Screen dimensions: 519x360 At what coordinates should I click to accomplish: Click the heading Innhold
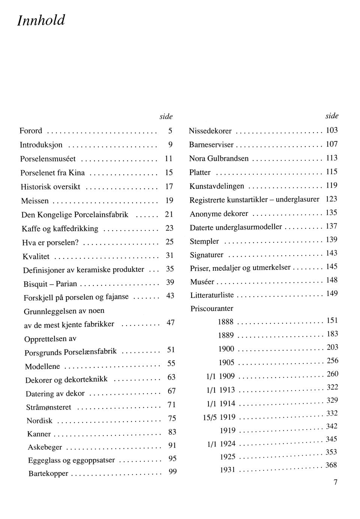pos(41,20)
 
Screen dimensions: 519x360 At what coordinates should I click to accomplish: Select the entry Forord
pos(31,131)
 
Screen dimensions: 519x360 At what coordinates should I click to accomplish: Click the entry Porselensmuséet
pos(48,159)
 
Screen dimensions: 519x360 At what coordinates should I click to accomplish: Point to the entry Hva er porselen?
pos(50,243)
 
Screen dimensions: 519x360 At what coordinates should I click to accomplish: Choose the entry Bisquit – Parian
pos(50,284)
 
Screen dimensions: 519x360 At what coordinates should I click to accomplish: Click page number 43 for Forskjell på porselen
pos(170,295)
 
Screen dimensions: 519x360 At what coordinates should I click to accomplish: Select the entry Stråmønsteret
pos(49,407)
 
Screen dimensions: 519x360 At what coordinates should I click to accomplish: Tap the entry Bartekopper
pos(48,474)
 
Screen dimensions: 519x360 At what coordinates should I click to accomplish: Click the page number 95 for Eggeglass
pos(172,458)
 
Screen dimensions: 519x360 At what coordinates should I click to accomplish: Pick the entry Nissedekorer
pos(210,131)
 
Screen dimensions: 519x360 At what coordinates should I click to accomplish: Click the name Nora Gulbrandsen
pos(219,159)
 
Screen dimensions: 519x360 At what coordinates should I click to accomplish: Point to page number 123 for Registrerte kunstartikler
pos(331,199)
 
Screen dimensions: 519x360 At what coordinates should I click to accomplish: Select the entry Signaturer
pos(207,255)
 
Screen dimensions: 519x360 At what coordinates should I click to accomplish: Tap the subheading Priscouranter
pos(212,309)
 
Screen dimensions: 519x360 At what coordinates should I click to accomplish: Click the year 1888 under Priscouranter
pos(226,322)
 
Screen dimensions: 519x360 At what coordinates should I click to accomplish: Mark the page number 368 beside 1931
pos(331,465)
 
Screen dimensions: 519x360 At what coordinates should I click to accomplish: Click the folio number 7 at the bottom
pos(336,482)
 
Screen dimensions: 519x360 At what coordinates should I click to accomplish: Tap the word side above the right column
pos(332,116)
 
